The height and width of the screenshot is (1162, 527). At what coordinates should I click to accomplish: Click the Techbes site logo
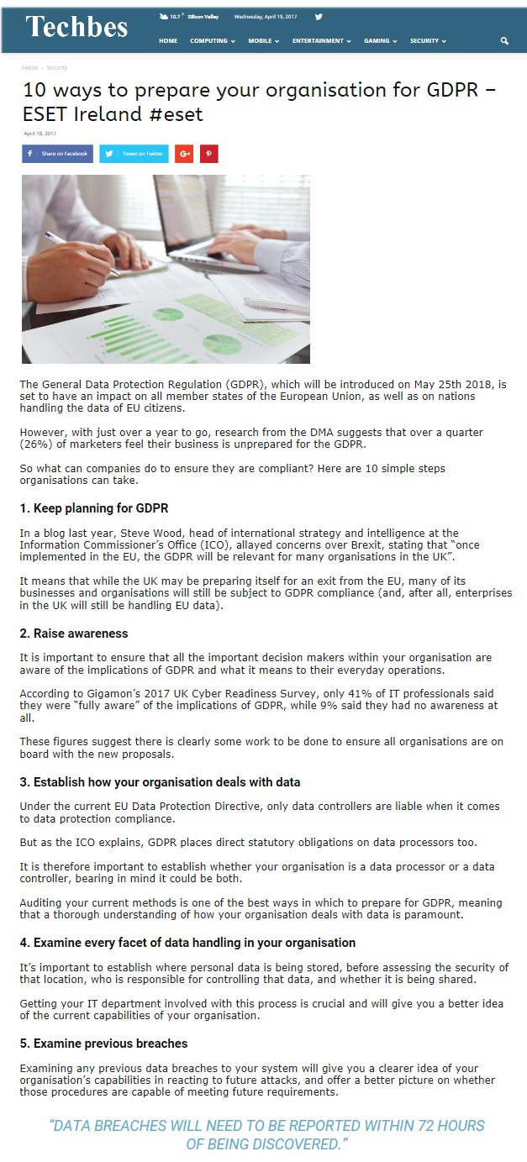click(x=76, y=27)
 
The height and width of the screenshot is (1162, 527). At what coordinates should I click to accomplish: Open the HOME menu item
click(x=168, y=40)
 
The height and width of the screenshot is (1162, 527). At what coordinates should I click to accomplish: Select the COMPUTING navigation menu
click(x=213, y=40)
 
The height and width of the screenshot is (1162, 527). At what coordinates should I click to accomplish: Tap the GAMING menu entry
click(x=380, y=40)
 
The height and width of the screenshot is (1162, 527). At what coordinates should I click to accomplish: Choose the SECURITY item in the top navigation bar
click(x=428, y=40)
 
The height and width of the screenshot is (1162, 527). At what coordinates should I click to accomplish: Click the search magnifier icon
click(x=504, y=40)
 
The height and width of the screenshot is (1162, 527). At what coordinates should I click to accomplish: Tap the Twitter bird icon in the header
click(x=319, y=17)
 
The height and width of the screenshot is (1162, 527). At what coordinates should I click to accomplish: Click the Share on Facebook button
click(x=57, y=154)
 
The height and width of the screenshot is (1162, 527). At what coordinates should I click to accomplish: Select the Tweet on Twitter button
click(x=134, y=154)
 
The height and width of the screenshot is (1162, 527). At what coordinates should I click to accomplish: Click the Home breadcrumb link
click(x=29, y=67)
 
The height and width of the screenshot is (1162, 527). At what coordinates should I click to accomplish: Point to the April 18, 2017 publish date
click(x=40, y=133)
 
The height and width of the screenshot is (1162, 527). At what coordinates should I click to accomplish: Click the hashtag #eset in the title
click(x=177, y=114)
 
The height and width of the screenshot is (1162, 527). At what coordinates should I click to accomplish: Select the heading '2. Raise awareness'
click(x=74, y=633)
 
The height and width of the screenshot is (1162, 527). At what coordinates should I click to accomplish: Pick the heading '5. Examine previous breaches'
click(x=103, y=1044)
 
